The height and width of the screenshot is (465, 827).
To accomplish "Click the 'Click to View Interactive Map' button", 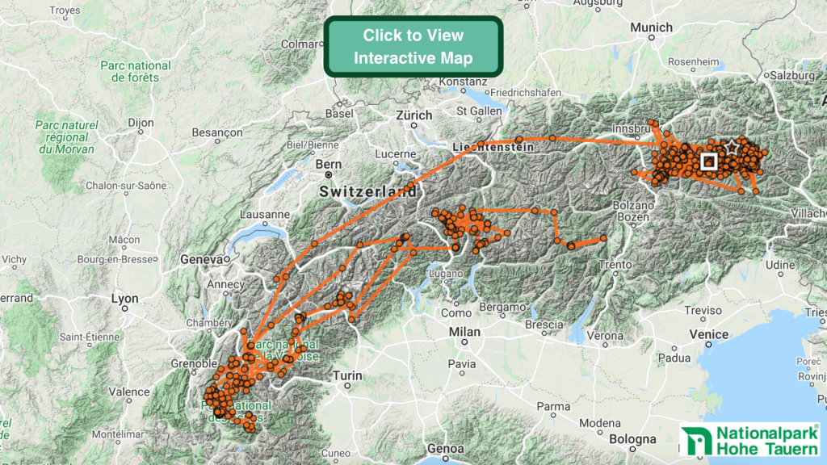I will click(x=413, y=47).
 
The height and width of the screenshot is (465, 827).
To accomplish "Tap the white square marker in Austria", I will click(x=709, y=161).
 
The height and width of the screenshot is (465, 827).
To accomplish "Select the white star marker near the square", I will click(x=732, y=148).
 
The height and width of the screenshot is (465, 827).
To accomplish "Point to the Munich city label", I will click(x=651, y=27).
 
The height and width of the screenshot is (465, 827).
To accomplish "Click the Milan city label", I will click(x=464, y=332).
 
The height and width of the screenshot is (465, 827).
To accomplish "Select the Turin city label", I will click(x=348, y=375).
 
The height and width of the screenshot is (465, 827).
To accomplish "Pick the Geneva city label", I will click(x=200, y=260).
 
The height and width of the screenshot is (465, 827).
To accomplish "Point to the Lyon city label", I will click(x=124, y=299).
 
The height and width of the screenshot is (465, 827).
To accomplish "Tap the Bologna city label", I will click(x=632, y=439).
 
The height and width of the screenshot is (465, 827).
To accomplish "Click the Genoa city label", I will click(x=447, y=448).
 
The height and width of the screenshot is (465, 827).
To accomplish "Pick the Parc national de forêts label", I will click(x=136, y=71).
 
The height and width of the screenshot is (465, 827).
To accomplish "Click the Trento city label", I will click(x=615, y=264).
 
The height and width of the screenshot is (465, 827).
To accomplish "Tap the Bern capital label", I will click(x=329, y=164).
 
